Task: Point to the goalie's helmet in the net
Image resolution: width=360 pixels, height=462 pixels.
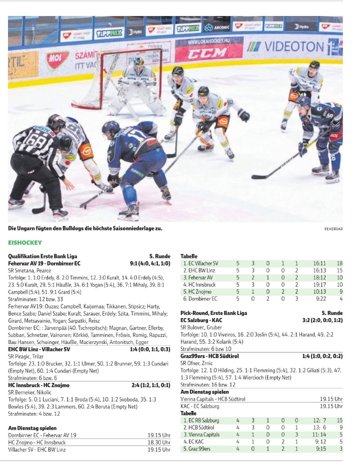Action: pyautogui.click(x=138, y=64)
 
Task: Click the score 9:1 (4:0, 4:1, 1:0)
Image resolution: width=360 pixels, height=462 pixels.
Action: pyautogui.click(x=150, y=263)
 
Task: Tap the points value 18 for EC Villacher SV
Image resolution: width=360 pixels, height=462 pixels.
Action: pyautogui.click(x=339, y=263)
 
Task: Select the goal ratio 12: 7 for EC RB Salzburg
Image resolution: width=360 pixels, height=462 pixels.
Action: pyautogui.click(x=320, y=420)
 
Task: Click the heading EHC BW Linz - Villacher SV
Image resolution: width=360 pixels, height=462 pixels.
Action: pyautogui.click(x=39, y=349)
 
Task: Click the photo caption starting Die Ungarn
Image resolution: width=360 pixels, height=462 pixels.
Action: pyautogui.click(x=85, y=228)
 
